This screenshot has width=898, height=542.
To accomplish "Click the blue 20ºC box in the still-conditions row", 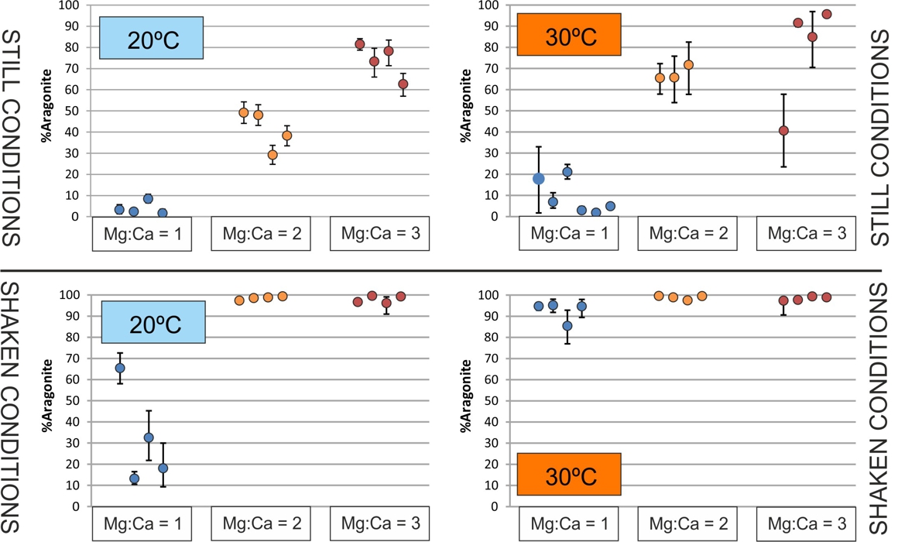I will tap(152, 38).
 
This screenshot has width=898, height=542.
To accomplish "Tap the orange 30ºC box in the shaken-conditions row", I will tap(569, 474).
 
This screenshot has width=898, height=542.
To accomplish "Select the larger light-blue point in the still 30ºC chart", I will tap(539, 179).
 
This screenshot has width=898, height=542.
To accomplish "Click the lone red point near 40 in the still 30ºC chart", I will tap(783, 131).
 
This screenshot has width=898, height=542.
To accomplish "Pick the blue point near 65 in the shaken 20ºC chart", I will tap(120, 369).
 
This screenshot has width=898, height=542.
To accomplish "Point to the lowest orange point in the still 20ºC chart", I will tap(272, 155).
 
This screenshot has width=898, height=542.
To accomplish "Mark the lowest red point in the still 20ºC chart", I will tap(403, 84).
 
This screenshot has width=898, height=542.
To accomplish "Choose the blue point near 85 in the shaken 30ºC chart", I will tap(567, 326).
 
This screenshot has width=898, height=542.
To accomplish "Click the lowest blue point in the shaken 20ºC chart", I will tap(134, 479).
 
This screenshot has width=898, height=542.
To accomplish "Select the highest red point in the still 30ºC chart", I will tap(826, 14).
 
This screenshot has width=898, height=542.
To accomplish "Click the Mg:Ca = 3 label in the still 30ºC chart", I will tap(806, 233).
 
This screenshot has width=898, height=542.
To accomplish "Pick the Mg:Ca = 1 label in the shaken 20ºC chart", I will tap(142, 523).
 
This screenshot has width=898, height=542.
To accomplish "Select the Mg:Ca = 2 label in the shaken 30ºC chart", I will tap(687, 523).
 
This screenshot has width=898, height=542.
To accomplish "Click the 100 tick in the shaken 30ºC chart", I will tap(493, 295).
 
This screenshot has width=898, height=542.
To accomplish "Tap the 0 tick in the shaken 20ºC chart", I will tap(75, 507).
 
